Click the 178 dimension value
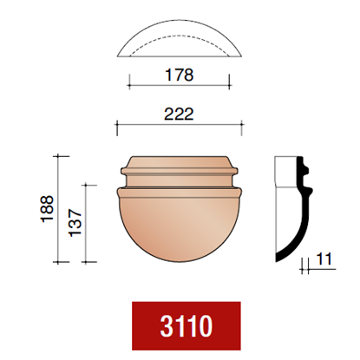pos(179,75)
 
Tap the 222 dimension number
pos(179,114)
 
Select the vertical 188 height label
pos(47,209)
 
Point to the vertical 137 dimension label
pos(75,223)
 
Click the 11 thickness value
pos(324,259)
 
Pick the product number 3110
pos(187,326)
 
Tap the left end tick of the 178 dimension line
pos(129,82)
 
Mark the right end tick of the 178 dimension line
pos(229,82)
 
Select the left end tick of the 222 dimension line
pos(117,128)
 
